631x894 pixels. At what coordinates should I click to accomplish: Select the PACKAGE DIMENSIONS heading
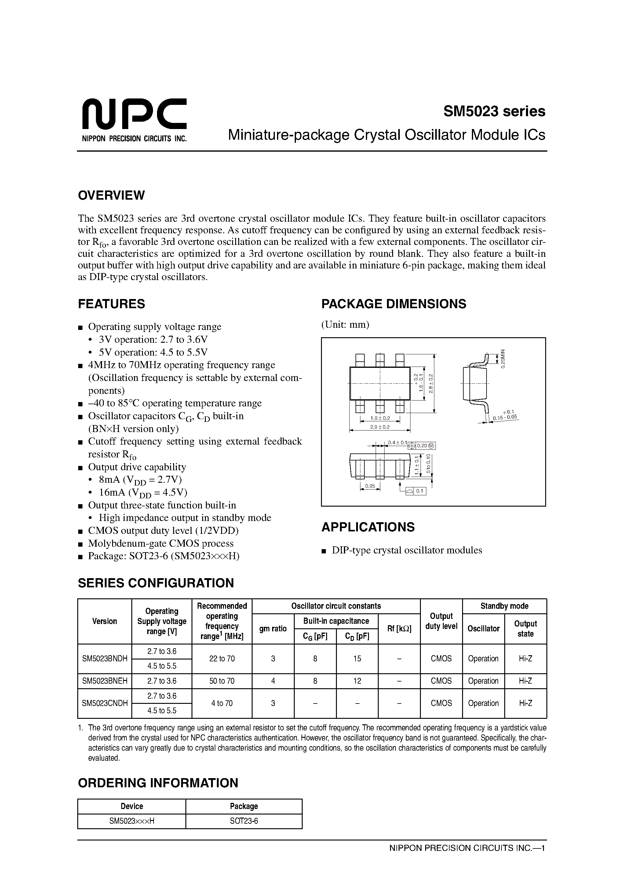(x=393, y=304)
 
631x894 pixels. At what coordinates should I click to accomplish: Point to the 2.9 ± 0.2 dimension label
(x=380, y=427)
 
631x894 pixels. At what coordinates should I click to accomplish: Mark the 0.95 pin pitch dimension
(x=370, y=486)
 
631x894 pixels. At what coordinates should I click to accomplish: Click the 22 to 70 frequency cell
(x=222, y=659)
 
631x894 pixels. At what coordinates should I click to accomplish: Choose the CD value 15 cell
(x=357, y=659)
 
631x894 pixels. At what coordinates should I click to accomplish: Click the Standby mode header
(x=504, y=606)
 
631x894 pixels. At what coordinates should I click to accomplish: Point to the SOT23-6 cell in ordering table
(x=244, y=821)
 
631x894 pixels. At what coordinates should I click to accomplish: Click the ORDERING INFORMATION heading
(x=158, y=783)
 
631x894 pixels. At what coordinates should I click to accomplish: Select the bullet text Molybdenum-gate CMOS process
(x=161, y=543)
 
